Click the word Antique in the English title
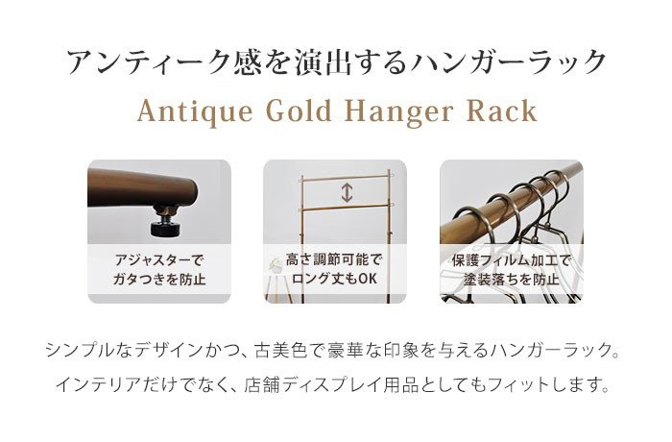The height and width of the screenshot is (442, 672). pos(195,112)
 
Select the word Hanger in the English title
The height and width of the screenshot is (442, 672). pos(399,112)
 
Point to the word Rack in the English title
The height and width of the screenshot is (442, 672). pos(501,110)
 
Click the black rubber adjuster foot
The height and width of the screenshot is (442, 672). pos(167,228)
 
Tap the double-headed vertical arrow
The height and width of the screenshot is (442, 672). pos(347,192)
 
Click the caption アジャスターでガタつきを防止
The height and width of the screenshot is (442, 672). pos(159,270)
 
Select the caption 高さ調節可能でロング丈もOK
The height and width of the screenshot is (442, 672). pos(334,269)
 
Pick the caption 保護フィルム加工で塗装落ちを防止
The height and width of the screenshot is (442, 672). pos(512,270)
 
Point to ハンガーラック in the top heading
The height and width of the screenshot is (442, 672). pos(507,62)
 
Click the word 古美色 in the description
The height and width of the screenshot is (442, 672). pos(281,351)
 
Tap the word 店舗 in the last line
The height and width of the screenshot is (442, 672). pos(261,385)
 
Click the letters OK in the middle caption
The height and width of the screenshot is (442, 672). pos(368,279)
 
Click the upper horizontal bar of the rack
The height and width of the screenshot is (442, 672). pos(347,177)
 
